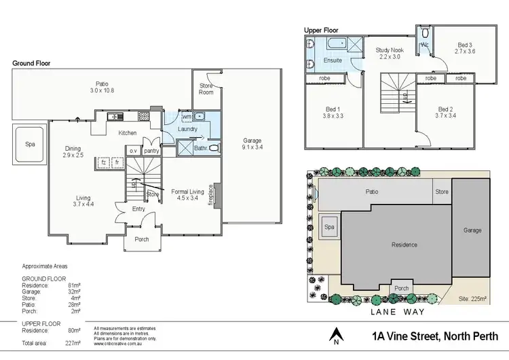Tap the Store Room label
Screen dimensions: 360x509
point(206,89)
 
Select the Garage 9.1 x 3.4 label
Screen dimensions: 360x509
point(252,143)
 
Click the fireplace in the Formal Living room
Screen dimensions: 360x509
point(216,195)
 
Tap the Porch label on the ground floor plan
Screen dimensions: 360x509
point(142,238)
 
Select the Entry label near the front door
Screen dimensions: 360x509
point(139,209)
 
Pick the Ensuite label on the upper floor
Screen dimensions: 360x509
point(333,60)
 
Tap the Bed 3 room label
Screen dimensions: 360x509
point(464,49)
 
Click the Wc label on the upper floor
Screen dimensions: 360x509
point(425,45)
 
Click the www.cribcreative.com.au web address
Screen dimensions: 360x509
point(117,344)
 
